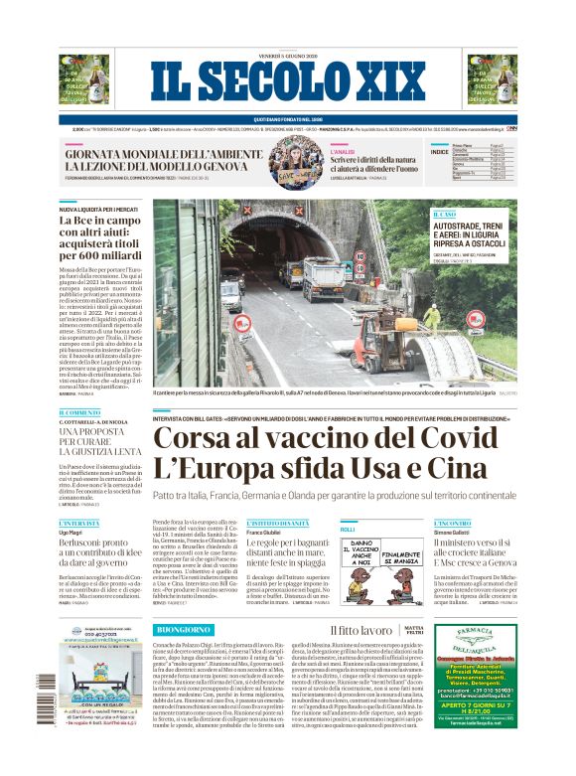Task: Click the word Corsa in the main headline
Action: pyautogui.click(x=196, y=439)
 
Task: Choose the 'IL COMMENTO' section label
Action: pyautogui.click(x=79, y=412)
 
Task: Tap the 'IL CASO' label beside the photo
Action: pyautogui.click(x=444, y=214)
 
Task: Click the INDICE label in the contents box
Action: pyautogui.click(x=439, y=152)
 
